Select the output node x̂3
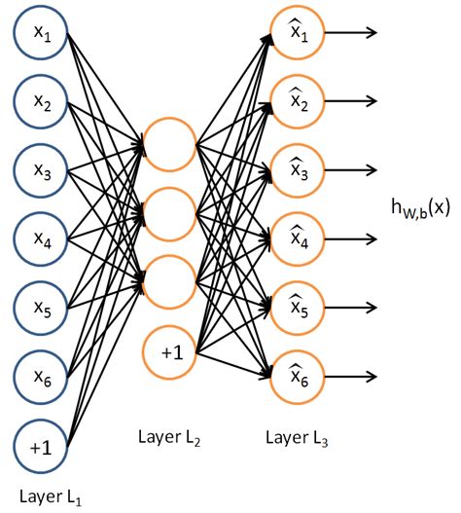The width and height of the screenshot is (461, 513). pos(298,169)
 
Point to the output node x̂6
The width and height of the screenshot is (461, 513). pos(298,377)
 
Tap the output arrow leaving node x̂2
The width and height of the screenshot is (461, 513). pos(350,100)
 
